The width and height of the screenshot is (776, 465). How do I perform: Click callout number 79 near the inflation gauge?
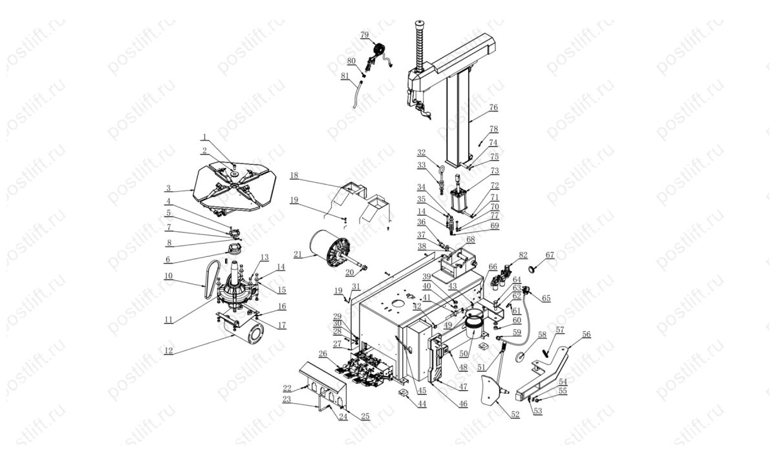point(364,34)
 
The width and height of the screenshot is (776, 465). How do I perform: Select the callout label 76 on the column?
point(493,107)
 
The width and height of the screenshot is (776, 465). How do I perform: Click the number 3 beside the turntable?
point(167,189)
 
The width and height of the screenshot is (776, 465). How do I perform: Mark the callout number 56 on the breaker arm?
point(586,334)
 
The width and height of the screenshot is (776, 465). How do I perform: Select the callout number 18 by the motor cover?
point(294,175)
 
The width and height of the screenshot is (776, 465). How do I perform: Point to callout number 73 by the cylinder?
point(495,172)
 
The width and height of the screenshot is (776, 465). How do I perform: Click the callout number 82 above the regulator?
point(523,256)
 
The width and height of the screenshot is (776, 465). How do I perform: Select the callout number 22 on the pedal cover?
point(287,387)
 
